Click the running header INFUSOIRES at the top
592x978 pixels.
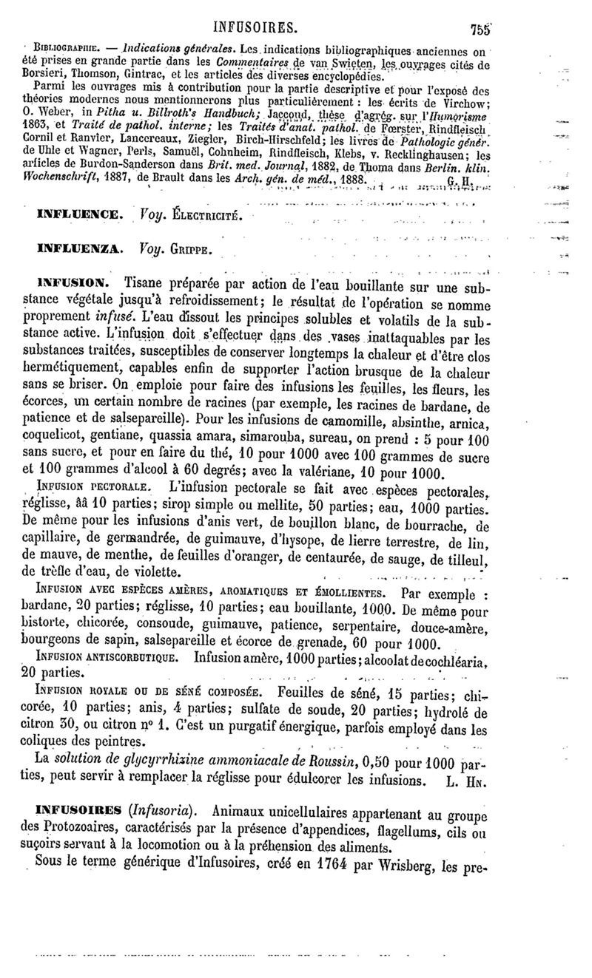click(255, 27)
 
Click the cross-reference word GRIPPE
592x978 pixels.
click(190, 252)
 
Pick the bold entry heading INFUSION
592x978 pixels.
click(75, 283)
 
